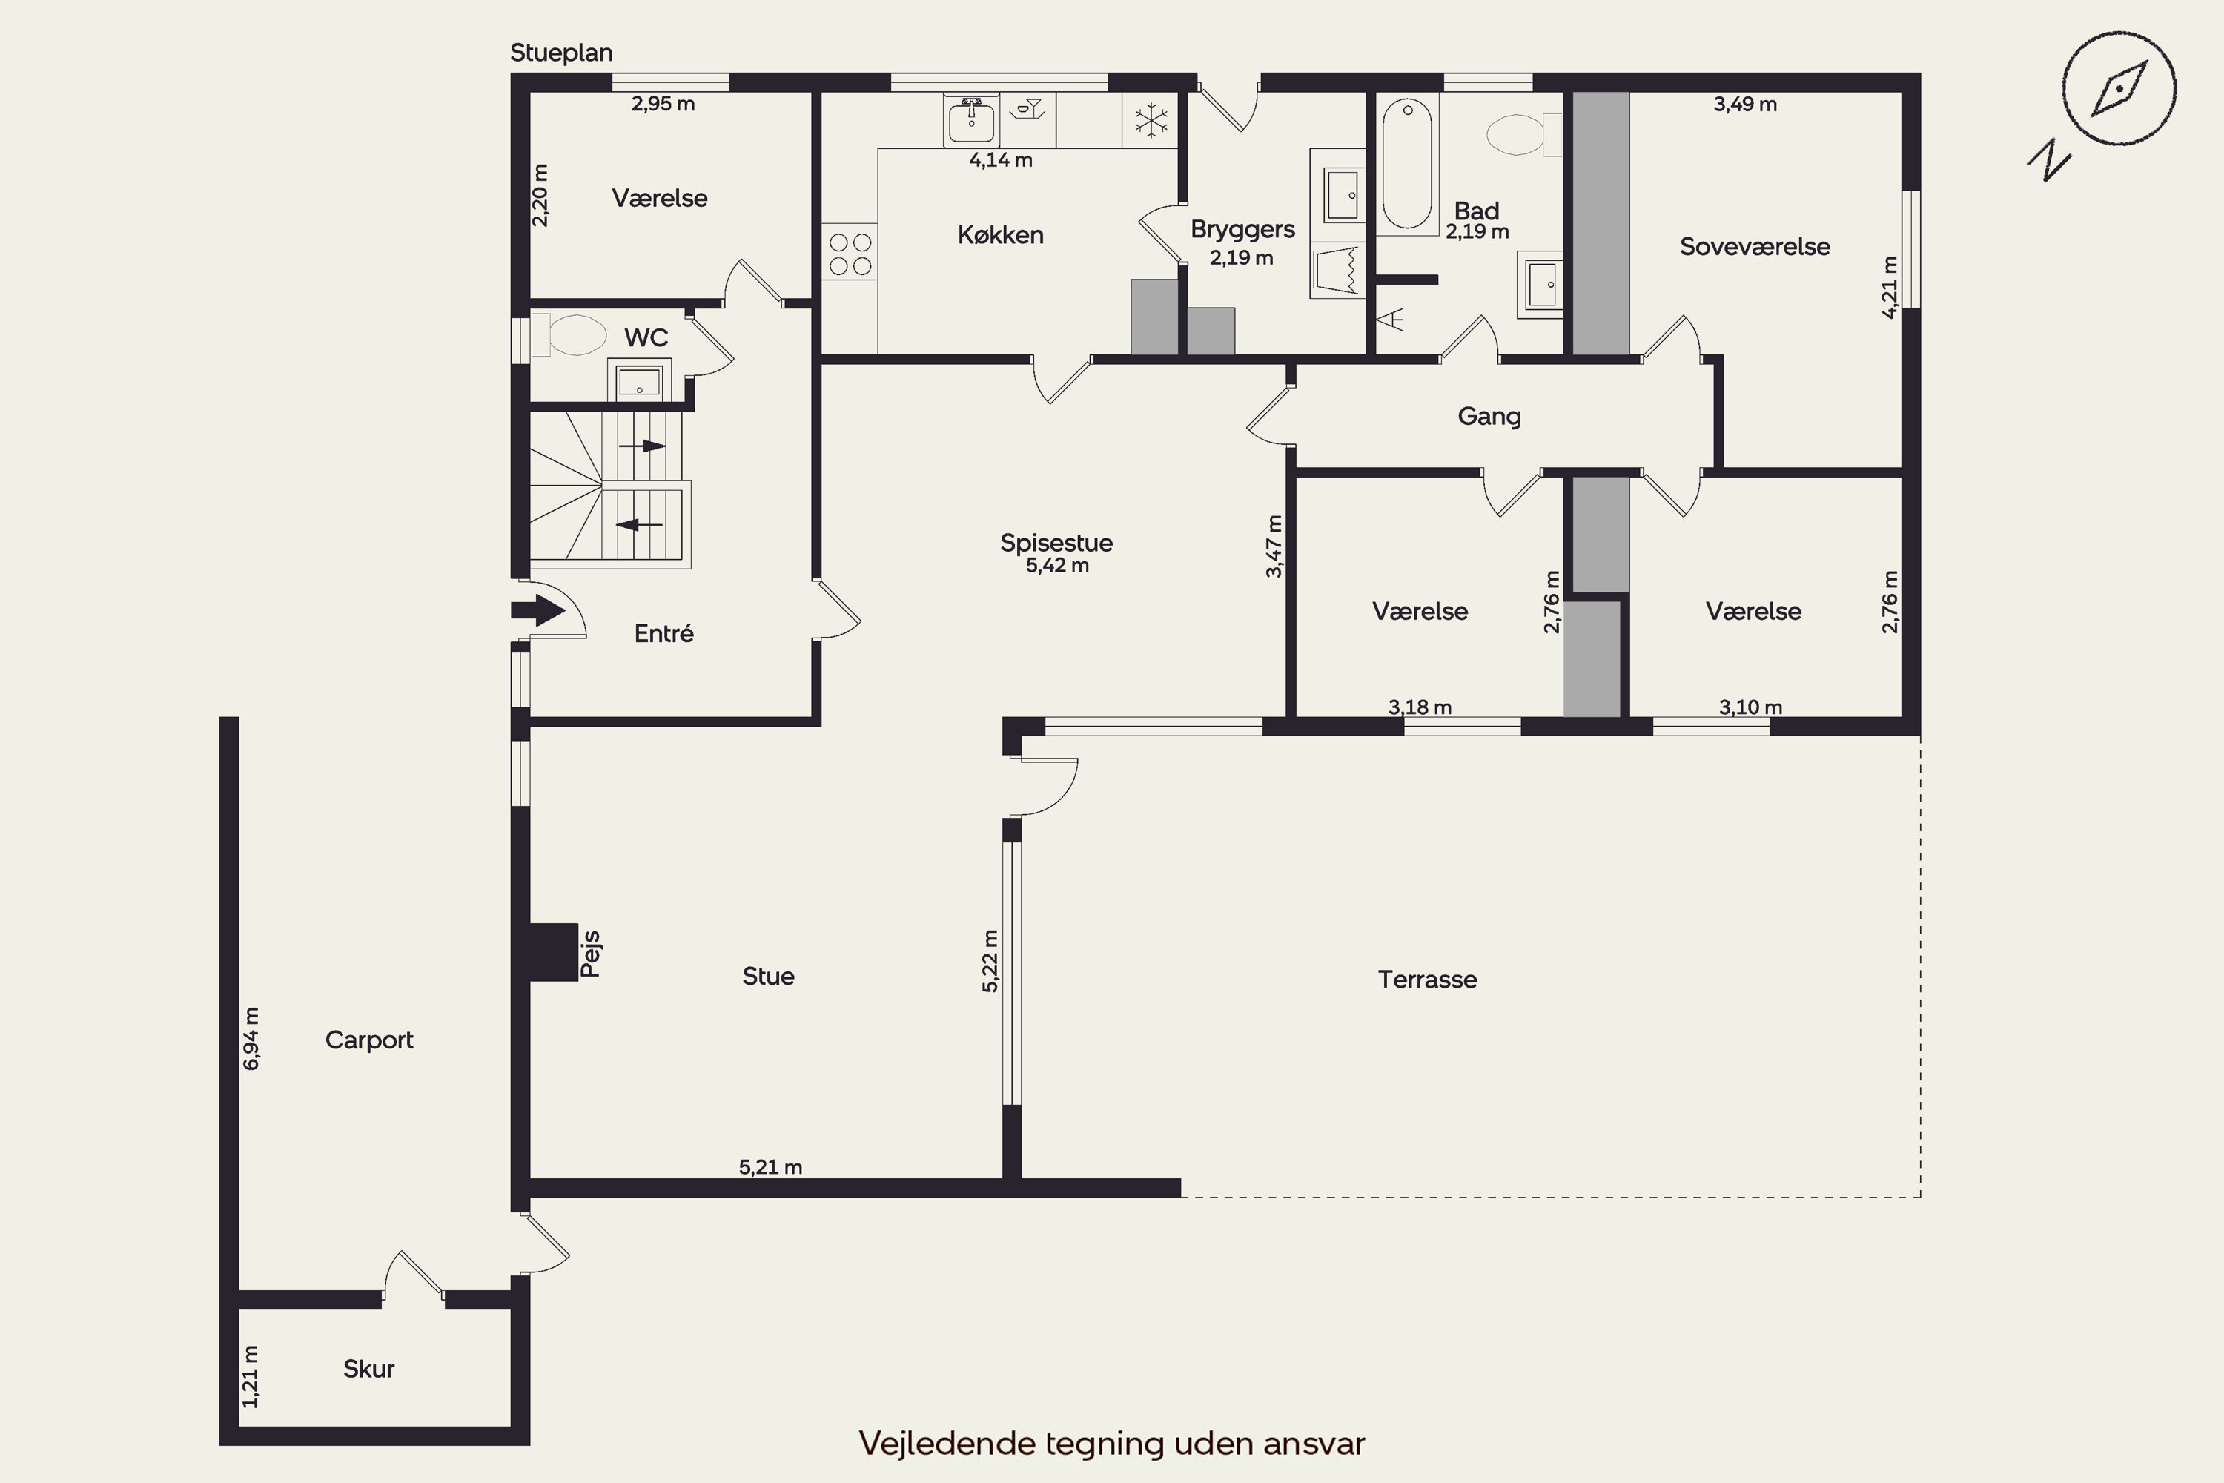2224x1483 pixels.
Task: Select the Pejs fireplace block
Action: click(x=553, y=952)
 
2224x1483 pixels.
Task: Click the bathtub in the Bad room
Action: click(x=1408, y=165)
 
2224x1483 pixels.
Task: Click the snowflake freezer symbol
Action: click(x=1151, y=120)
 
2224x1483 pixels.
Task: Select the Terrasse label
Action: click(x=1427, y=980)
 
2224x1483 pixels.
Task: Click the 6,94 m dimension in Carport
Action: click(x=251, y=1039)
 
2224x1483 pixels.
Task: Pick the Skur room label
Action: click(x=368, y=1369)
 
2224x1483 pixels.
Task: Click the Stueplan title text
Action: click(x=562, y=53)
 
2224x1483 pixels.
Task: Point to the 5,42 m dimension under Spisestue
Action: click(x=1057, y=566)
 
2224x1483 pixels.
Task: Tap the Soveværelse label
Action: click(x=1755, y=247)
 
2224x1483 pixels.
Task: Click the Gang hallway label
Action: click(x=1489, y=416)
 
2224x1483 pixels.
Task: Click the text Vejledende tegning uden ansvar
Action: click(x=1112, y=1443)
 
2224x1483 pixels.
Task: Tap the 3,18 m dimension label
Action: click(x=1420, y=707)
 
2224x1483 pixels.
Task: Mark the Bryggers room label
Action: click(x=1242, y=230)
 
